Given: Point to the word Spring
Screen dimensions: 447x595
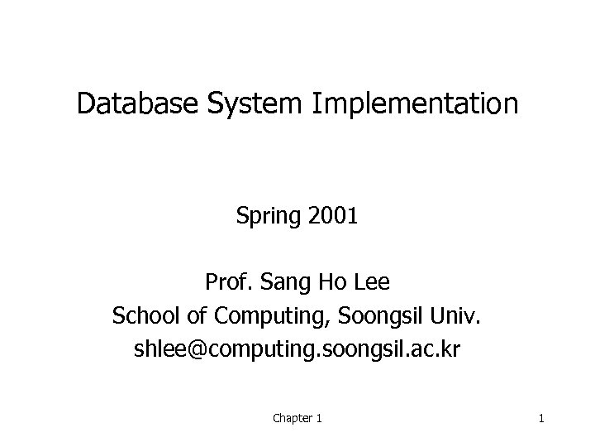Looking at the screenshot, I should tap(269, 219).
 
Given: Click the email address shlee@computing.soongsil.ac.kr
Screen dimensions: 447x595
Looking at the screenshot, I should tap(297, 350).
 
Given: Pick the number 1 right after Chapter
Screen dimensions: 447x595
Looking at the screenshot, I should tap(319, 419).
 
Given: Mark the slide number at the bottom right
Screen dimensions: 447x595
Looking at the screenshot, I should tap(540, 419).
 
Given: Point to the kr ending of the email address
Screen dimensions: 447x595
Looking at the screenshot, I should tap(450, 350).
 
